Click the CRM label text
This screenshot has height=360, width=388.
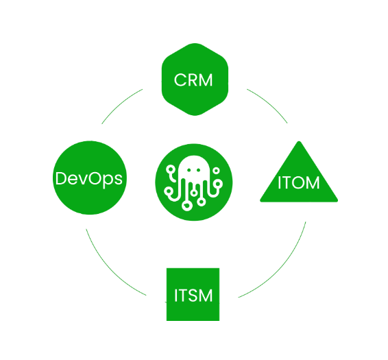193,80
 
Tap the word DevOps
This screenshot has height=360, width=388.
89,179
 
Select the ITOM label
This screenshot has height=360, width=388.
299,182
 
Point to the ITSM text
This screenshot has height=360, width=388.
193,295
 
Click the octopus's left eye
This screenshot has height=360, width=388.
189,170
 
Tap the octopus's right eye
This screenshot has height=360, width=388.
198,170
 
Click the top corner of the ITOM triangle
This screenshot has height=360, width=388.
299,141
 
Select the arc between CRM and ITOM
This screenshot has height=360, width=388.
269,104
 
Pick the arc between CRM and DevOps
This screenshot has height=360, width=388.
120,104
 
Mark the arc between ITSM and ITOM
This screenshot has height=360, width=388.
279,266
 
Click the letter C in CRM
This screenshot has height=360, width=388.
180,80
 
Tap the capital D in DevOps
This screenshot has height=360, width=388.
61,178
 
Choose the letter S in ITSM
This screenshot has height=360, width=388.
191,295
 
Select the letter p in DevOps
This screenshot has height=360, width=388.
108,180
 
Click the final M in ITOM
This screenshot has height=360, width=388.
313,182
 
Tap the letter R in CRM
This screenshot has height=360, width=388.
193,80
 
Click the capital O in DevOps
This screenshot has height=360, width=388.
95,178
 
